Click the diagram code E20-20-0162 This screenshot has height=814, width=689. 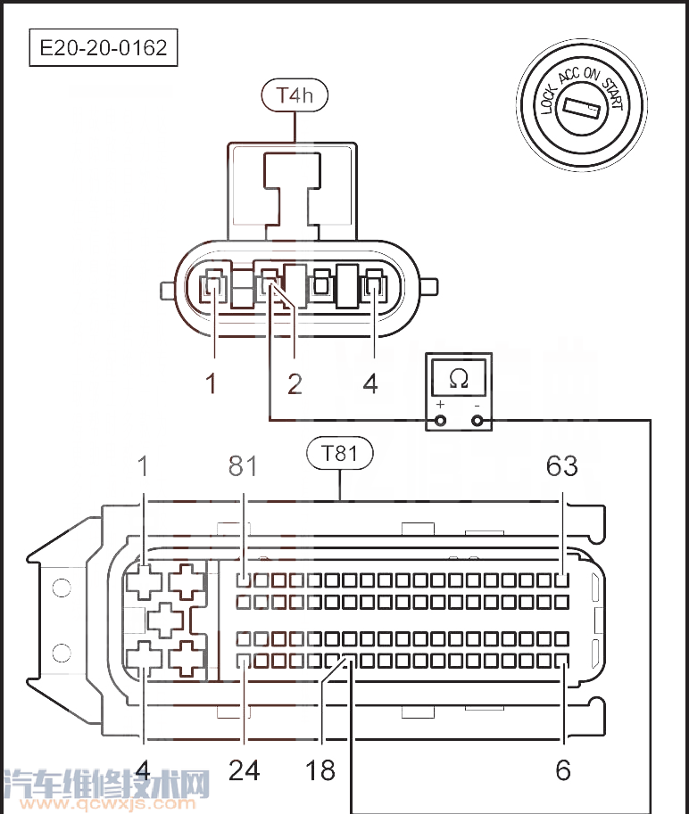point(104,47)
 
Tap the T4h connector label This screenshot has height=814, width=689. point(294,95)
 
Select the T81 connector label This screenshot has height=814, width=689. point(339,454)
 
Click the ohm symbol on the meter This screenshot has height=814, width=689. point(459,379)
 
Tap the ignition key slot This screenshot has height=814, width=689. point(583,111)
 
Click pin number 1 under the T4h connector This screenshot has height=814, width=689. point(212,383)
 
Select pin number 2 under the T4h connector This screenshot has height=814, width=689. point(295,383)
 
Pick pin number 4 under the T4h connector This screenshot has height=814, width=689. point(370,383)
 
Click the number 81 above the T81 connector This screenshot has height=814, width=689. point(242,465)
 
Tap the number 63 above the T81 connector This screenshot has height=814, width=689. point(562,465)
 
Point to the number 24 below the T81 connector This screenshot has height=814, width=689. point(244,769)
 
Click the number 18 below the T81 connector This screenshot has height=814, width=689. point(320,769)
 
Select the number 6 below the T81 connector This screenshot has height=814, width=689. point(563,769)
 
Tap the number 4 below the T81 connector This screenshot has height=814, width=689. point(145,769)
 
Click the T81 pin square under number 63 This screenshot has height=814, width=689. point(562,580)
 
